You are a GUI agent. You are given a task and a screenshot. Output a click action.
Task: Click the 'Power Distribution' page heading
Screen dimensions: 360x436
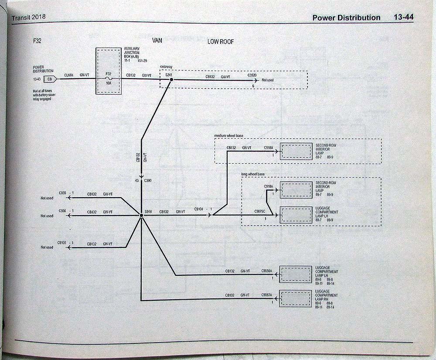346,17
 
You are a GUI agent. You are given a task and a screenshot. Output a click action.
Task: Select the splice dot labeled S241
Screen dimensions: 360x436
171,80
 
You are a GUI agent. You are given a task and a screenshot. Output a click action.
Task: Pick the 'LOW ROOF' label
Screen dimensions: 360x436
221,42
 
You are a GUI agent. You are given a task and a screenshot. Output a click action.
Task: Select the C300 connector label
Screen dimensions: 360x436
148,180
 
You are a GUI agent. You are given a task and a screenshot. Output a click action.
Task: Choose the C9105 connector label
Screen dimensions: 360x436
63,242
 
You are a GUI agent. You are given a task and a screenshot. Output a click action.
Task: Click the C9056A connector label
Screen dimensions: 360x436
267,271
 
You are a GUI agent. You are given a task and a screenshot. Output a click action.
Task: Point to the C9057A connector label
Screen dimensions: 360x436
267,295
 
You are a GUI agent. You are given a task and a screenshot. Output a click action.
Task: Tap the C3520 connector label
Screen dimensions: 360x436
252,75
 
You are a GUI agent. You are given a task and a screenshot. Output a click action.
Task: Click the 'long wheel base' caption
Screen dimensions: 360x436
253,175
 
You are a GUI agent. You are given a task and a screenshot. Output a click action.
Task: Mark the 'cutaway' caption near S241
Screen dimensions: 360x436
167,66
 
